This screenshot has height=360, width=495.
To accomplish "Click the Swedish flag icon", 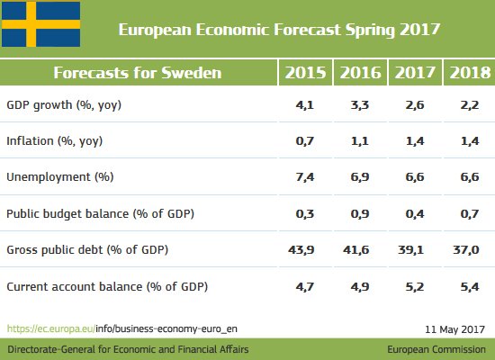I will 40,26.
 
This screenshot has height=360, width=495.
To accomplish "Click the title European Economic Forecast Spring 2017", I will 279,29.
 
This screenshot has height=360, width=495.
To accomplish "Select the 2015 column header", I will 305,73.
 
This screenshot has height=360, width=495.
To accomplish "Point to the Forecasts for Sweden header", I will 137,73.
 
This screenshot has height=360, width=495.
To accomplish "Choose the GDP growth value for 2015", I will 306,105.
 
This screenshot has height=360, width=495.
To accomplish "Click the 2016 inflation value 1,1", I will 359,141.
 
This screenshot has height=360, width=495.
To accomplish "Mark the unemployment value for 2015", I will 306,177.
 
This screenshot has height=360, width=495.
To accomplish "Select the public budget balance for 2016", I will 359,214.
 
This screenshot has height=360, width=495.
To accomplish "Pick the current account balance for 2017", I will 413,286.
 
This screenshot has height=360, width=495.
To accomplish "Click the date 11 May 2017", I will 454,329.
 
